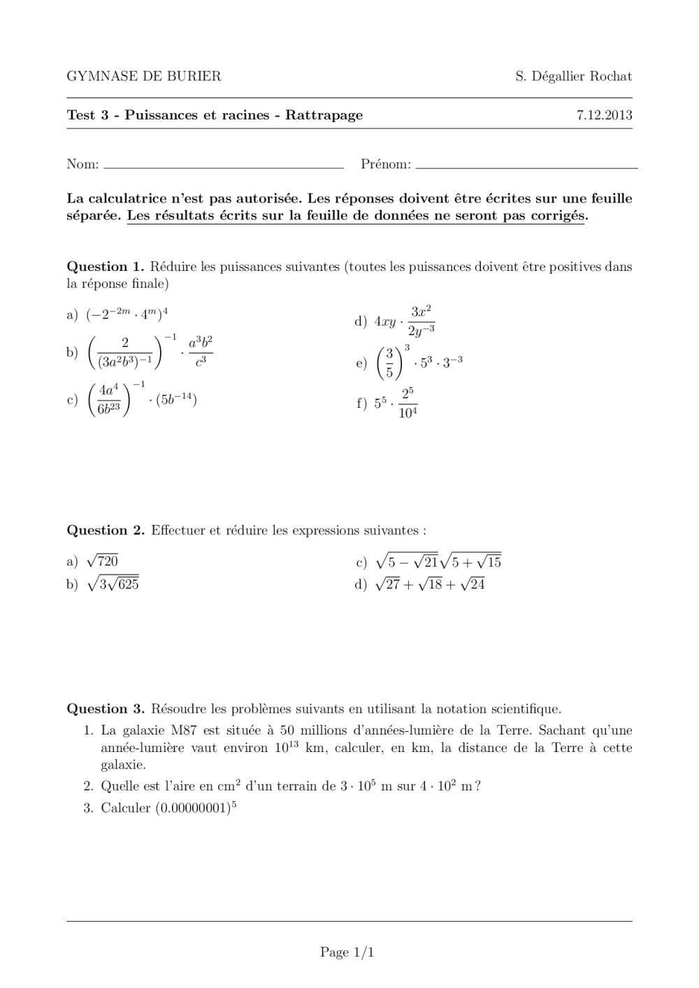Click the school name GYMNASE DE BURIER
point(143,77)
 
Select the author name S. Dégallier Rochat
point(573,77)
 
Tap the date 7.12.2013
point(604,116)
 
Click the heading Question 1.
point(105,267)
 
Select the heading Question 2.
point(105,531)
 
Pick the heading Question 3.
point(105,709)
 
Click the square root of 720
point(102,561)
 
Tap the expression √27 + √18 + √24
point(430,584)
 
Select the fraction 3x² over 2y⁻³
point(421,320)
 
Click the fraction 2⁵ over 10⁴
point(408,403)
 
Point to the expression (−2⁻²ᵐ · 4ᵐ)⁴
point(127,315)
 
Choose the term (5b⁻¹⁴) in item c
point(176,400)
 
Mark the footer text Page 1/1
point(347,952)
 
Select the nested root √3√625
point(113,584)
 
